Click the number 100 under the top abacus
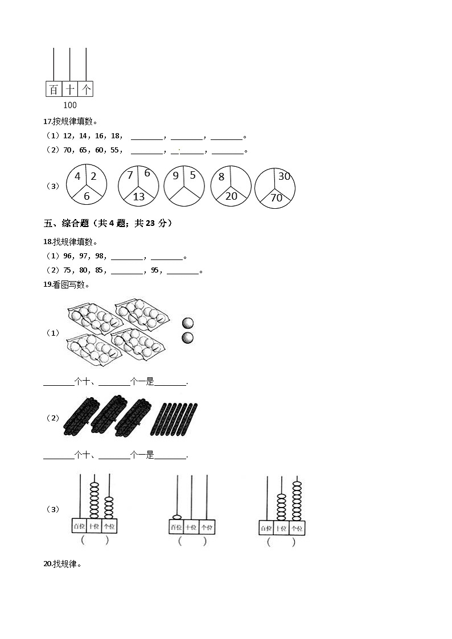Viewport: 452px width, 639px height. coord(70,105)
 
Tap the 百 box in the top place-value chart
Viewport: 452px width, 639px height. coord(54,89)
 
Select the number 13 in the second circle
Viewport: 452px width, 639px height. coord(138,196)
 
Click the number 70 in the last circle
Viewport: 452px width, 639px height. coord(276,198)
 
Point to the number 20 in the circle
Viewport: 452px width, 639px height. coord(231,196)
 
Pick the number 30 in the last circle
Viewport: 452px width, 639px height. coord(284,176)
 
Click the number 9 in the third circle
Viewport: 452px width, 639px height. coord(176,176)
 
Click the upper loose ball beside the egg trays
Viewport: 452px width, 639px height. coord(187,323)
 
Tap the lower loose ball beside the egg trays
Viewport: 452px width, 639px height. coord(187,338)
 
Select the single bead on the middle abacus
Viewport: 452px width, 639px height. coord(176,517)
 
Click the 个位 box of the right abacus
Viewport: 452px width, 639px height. coord(297,528)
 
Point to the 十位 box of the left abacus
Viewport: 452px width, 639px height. coord(94,526)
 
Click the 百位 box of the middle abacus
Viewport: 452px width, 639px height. coord(176,527)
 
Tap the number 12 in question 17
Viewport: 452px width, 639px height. coord(68,137)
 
